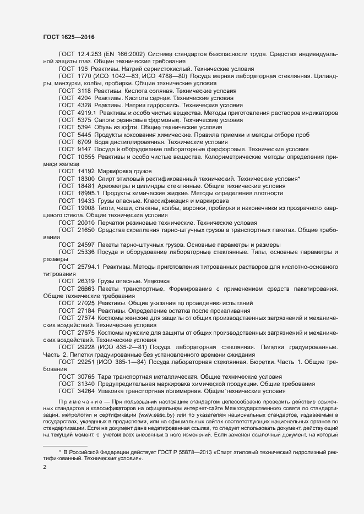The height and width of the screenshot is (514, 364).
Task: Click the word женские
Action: coord(143,318)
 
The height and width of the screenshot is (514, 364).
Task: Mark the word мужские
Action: coord(143,333)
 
